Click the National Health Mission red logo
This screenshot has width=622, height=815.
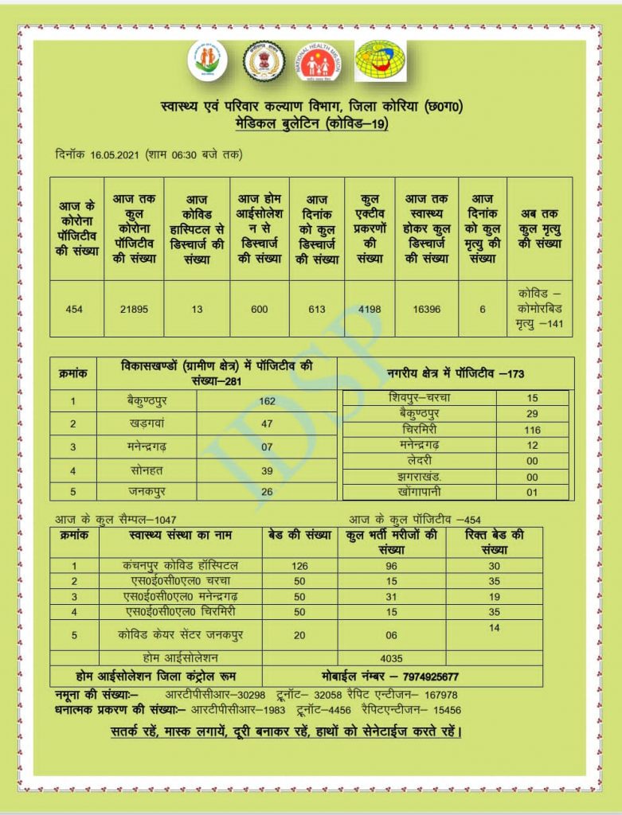316,61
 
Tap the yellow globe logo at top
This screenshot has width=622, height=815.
380,60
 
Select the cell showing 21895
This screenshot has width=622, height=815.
134,309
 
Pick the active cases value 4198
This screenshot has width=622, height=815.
370,309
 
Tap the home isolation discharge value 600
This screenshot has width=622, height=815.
260,309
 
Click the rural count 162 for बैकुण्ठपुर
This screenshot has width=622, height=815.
267,401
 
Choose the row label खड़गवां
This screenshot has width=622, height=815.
147,424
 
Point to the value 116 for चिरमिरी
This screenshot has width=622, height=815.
532,429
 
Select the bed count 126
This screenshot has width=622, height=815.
299,566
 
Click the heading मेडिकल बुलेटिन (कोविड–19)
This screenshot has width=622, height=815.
311,124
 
